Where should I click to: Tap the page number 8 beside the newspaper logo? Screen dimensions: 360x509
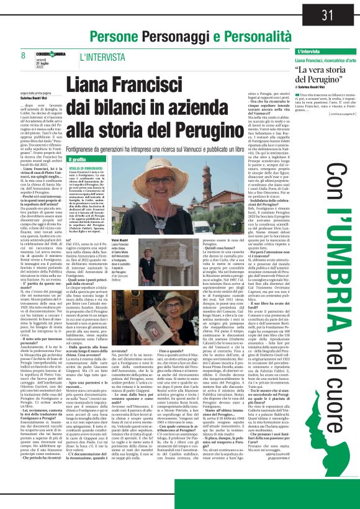[23, 56]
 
